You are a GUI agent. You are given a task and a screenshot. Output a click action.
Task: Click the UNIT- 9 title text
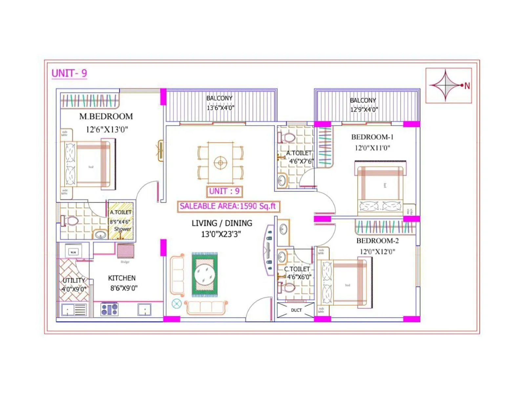click(x=69, y=73)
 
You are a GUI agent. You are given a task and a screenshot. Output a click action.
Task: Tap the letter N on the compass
click(x=467, y=86)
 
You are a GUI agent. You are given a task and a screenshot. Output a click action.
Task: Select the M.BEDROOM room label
click(x=106, y=117)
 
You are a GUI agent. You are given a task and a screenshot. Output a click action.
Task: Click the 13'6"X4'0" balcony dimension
click(x=220, y=108)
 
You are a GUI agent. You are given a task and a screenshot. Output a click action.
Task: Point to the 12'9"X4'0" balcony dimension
click(x=364, y=109)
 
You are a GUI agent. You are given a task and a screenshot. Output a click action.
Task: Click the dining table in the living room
click(x=220, y=163)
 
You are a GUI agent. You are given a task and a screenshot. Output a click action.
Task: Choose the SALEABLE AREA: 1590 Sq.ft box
click(x=228, y=206)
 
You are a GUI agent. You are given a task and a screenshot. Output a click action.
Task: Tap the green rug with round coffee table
click(x=205, y=274)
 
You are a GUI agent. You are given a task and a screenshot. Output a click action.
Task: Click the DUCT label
click(x=296, y=310)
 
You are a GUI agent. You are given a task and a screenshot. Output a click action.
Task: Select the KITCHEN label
click(x=122, y=278)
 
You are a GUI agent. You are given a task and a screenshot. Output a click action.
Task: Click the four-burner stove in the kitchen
click(x=109, y=309)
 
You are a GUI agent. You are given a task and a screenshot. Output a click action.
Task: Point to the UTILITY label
click(x=73, y=281)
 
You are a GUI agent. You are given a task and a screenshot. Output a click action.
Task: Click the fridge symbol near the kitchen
click(x=125, y=251)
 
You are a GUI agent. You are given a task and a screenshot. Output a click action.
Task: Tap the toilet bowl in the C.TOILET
click(x=288, y=288)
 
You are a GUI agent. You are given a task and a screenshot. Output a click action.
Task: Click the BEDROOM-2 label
click(x=377, y=241)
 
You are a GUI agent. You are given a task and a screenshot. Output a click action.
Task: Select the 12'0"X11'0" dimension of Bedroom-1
click(x=372, y=148)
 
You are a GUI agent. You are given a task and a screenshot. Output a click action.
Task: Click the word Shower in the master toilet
click(x=122, y=229)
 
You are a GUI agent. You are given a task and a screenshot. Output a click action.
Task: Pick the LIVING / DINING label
click(x=222, y=223)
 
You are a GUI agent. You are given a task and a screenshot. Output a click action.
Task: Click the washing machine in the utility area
click(x=73, y=252)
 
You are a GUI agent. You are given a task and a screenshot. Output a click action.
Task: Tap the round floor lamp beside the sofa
click(x=177, y=304)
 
